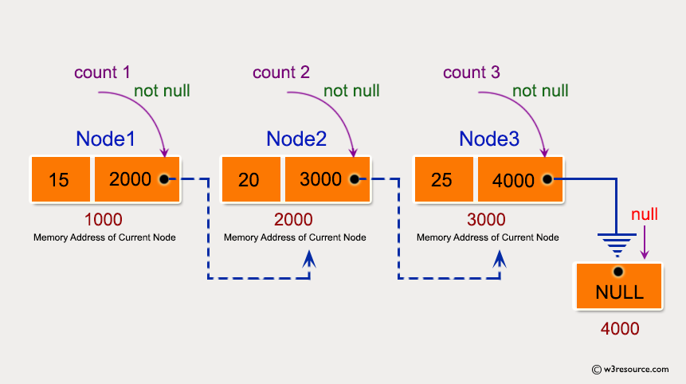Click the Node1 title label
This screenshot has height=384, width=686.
(x=105, y=139)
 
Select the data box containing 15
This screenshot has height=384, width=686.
(x=59, y=179)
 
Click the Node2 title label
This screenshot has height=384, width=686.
(x=296, y=139)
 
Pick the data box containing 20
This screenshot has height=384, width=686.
(x=249, y=179)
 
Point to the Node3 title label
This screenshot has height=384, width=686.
(x=489, y=139)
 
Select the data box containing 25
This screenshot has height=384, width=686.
(x=441, y=179)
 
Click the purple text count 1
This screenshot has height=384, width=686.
(x=102, y=72)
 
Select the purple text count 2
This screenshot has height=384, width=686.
(x=281, y=72)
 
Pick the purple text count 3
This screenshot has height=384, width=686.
(x=472, y=72)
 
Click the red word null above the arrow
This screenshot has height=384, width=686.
(x=644, y=215)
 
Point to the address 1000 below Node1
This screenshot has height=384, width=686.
(x=104, y=219)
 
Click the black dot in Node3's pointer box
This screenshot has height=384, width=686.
(x=547, y=179)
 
